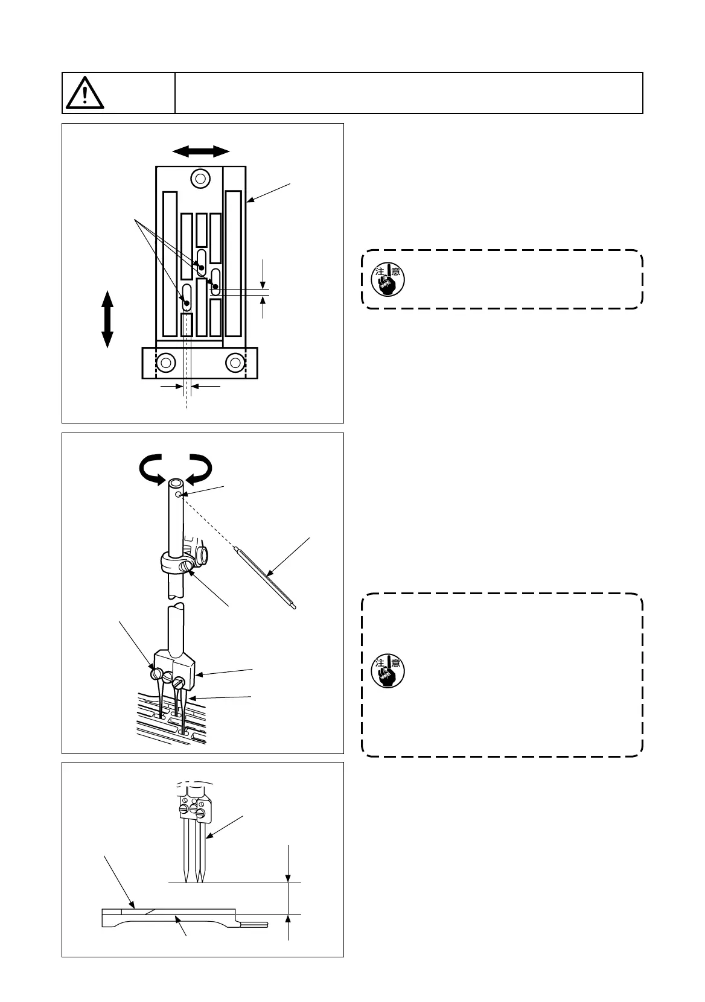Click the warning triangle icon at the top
click(x=85, y=93)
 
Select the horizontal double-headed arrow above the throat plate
click(x=200, y=151)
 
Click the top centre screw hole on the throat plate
click(x=200, y=178)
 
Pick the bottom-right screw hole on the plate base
click(x=235, y=363)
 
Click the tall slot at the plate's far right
click(x=234, y=264)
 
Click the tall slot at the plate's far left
click(x=170, y=264)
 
